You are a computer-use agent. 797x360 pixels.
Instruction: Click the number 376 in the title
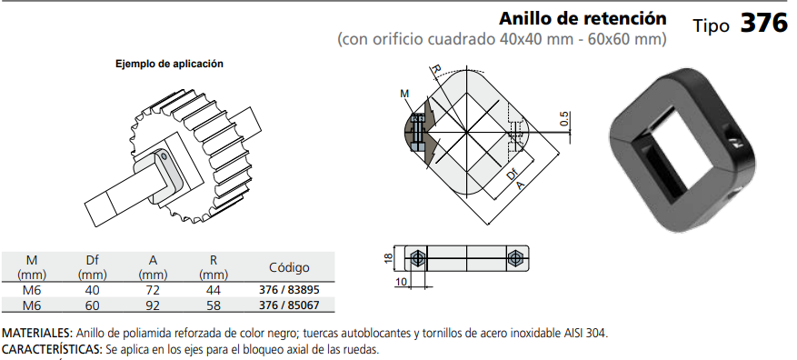pyautogui.click(x=763, y=24)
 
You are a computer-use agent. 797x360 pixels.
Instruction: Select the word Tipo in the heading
pyautogui.click(x=711, y=25)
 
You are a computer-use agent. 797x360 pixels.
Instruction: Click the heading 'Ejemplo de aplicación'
pyautogui.click(x=169, y=64)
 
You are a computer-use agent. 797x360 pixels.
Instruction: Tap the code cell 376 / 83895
pyautogui.click(x=289, y=290)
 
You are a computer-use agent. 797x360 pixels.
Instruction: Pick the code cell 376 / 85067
pyautogui.click(x=289, y=305)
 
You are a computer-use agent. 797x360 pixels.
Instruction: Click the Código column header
pyautogui.click(x=289, y=267)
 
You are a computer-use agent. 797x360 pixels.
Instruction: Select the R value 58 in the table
pyautogui.click(x=214, y=305)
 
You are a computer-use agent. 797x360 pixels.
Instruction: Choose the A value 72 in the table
pyautogui.click(x=153, y=290)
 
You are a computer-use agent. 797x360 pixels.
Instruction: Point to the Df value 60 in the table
pyautogui.click(x=93, y=305)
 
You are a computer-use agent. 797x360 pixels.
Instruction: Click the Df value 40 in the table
pyautogui.click(x=93, y=290)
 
